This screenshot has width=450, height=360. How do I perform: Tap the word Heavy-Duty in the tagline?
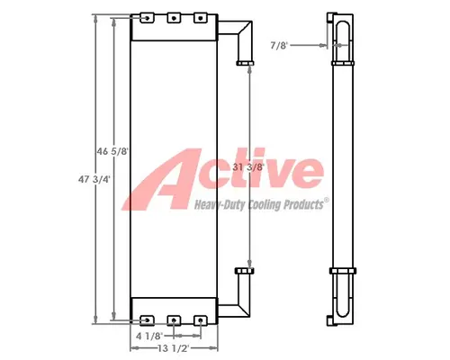coord(218,205)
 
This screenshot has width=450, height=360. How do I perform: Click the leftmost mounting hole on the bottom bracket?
coord(146,319)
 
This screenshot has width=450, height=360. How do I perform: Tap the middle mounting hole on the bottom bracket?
coord(174,319)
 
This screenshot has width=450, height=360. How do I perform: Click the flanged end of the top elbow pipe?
coord(244,63)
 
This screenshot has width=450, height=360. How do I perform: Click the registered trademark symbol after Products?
coord(326,202)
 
